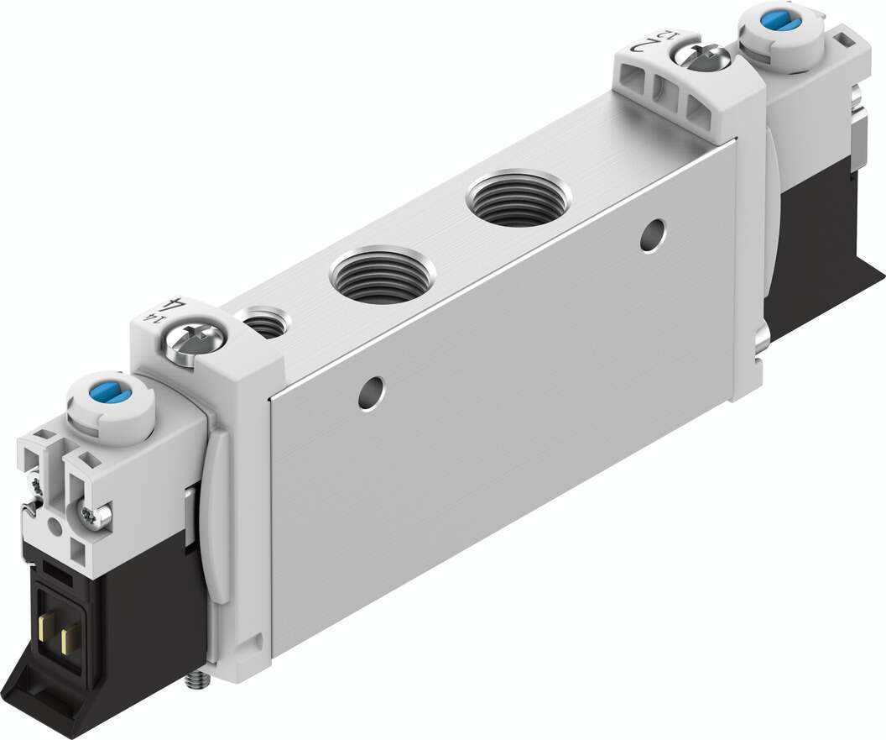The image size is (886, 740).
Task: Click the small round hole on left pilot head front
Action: point(56,527)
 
